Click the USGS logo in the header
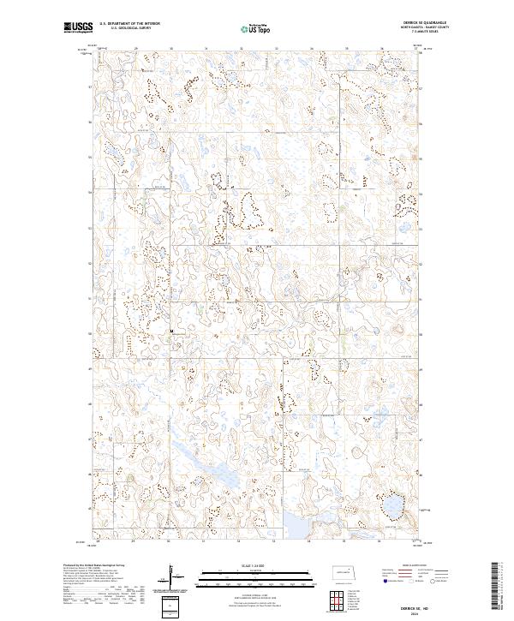point(78,27)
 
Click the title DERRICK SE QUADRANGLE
point(434,23)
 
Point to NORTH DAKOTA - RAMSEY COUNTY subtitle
point(434,27)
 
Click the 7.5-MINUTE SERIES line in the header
point(434,32)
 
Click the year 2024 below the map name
point(435,609)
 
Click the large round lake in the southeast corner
point(393,505)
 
